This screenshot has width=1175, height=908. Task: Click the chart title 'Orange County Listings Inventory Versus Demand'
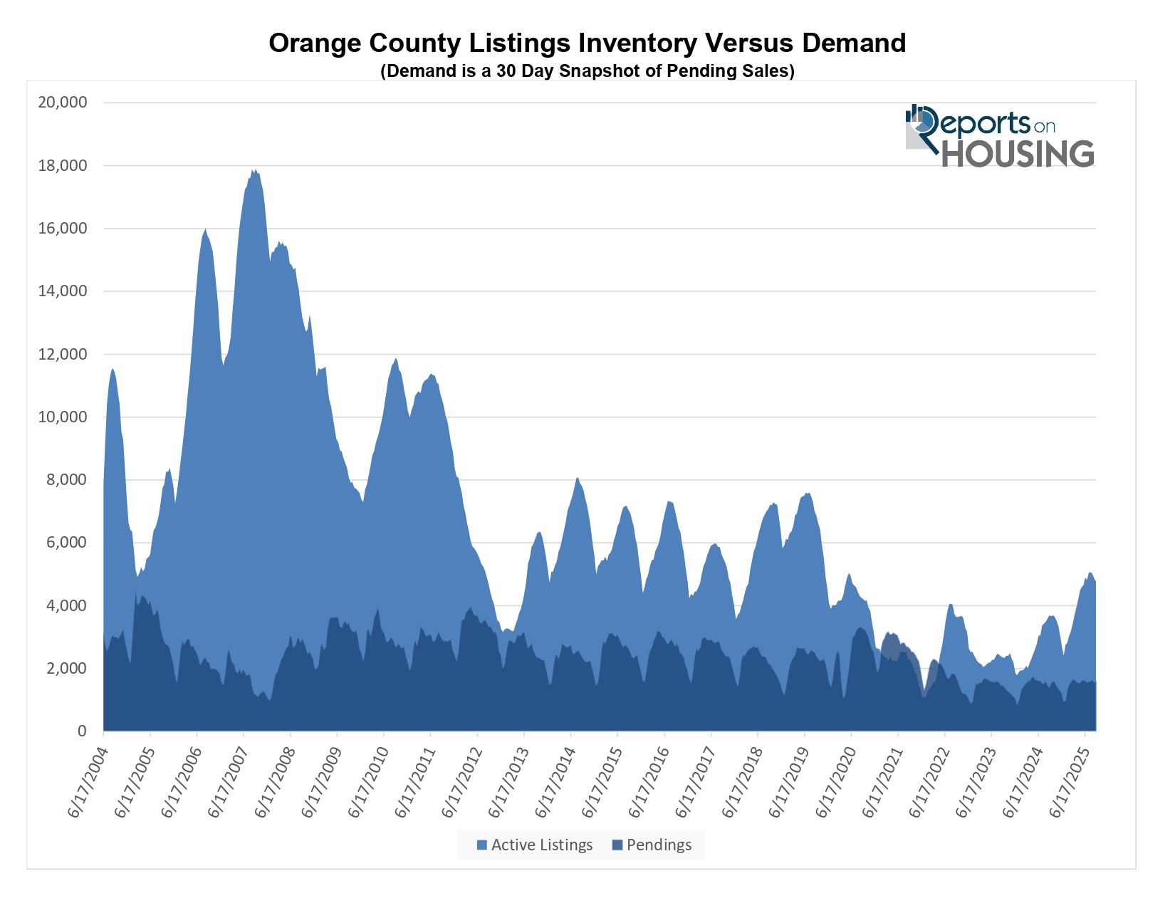point(587,43)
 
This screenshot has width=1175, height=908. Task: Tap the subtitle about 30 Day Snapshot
point(587,71)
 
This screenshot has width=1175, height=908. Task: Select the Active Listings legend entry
point(536,845)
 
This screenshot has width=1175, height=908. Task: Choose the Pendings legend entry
point(652,845)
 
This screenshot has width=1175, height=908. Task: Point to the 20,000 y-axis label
point(63,103)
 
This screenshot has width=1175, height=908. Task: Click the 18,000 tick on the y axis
point(63,166)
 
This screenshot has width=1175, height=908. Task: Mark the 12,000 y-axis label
point(63,355)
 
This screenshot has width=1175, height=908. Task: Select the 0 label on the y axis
point(82,731)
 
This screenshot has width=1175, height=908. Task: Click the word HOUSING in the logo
point(1018,154)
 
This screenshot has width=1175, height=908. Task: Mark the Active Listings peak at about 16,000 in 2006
point(205,229)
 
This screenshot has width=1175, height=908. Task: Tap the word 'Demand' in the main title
point(854,43)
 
